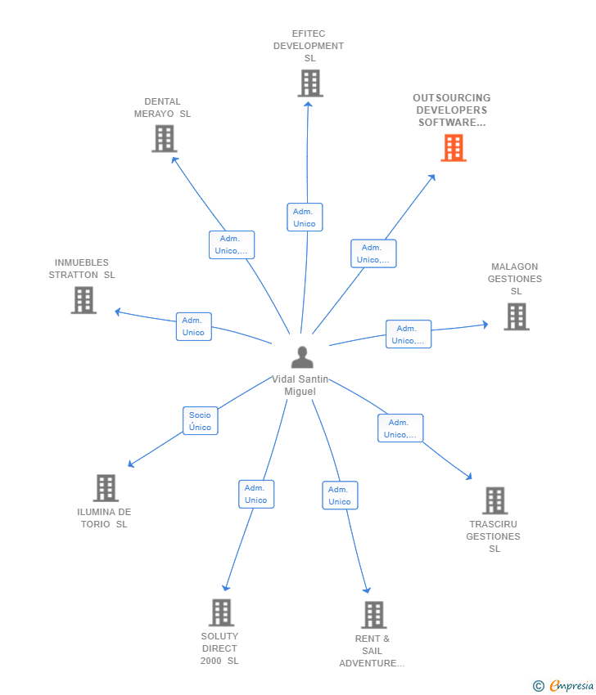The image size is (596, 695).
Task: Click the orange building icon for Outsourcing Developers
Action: [454, 148]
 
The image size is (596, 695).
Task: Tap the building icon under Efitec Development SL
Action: [310, 83]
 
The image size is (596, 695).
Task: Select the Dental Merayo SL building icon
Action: [165, 138]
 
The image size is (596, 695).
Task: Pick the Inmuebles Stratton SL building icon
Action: [84, 300]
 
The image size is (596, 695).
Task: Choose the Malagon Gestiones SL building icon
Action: [516, 316]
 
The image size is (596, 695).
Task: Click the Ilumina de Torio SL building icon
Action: [106, 488]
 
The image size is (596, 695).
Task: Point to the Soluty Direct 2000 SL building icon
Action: [221, 612]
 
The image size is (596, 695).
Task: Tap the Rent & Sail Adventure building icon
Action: [373, 615]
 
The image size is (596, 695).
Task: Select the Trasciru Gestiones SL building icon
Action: [494, 500]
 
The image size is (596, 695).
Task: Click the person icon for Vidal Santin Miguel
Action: [302, 357]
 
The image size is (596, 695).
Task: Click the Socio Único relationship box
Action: [200, 421]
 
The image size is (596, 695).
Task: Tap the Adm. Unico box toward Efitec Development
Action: [305, 217]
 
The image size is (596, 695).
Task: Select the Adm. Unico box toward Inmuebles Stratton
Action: [194, 326]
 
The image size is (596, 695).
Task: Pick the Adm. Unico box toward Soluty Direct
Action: [256, 494]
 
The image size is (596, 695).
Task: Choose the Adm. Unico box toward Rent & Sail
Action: [340, 495]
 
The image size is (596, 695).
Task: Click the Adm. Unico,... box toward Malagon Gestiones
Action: [409, 334]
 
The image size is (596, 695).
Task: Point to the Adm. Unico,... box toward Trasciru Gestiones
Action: [400, 428]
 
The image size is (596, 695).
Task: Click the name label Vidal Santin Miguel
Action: [300, 385]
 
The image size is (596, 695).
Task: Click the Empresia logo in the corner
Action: [564, 686]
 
